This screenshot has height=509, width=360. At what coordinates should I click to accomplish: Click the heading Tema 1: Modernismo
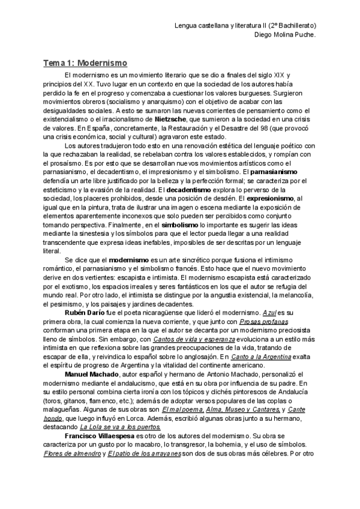(x=85, y=62)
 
